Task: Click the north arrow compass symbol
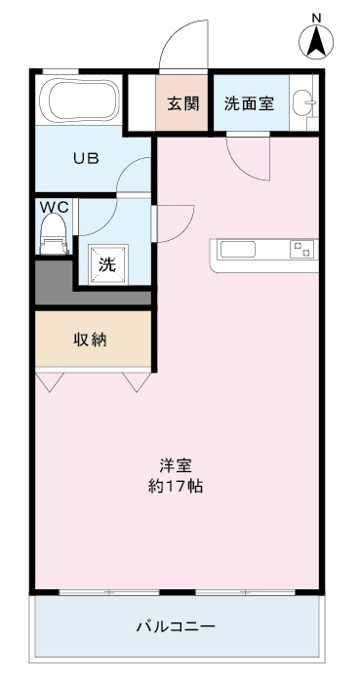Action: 316,42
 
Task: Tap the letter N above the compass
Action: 316,18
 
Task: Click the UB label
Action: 86,158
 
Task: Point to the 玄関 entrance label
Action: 183,103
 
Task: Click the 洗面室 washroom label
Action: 249,103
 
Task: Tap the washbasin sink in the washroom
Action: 303,103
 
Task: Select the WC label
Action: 55,207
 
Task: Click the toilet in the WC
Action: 54,234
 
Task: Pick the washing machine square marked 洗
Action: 108,264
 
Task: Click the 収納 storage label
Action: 90,340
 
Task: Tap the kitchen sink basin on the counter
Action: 238,250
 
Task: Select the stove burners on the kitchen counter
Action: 301,250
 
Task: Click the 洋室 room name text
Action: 176,466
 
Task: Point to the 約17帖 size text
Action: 176,487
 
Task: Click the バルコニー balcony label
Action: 176,626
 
